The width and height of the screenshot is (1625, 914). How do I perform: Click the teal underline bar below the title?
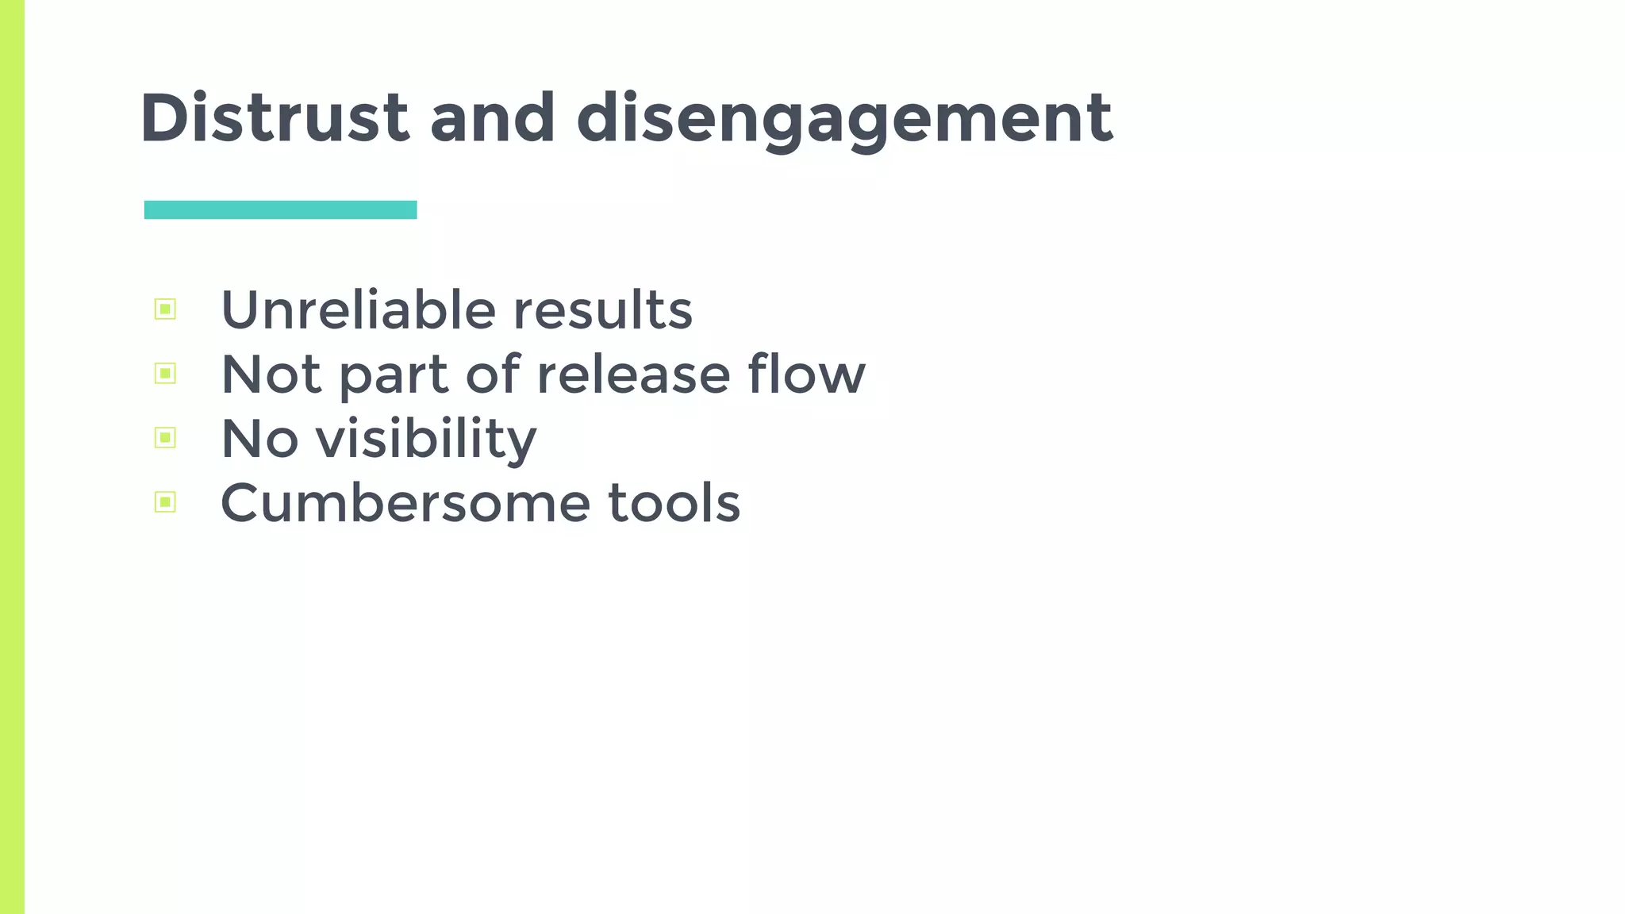(x=280, y=209)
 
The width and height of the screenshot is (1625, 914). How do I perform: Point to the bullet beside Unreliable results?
(x=165, y=309)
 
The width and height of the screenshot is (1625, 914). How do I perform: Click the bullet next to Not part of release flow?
(x=165, y=373)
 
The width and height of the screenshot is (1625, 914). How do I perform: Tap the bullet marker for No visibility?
(x=165, y=437)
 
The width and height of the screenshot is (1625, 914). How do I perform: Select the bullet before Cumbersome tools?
(x=165, y=501)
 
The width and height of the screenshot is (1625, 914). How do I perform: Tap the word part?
(x=394, y=376)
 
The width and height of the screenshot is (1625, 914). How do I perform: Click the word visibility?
(x=426, y=439)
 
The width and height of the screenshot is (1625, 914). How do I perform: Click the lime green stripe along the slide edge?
(x=12, y=457)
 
